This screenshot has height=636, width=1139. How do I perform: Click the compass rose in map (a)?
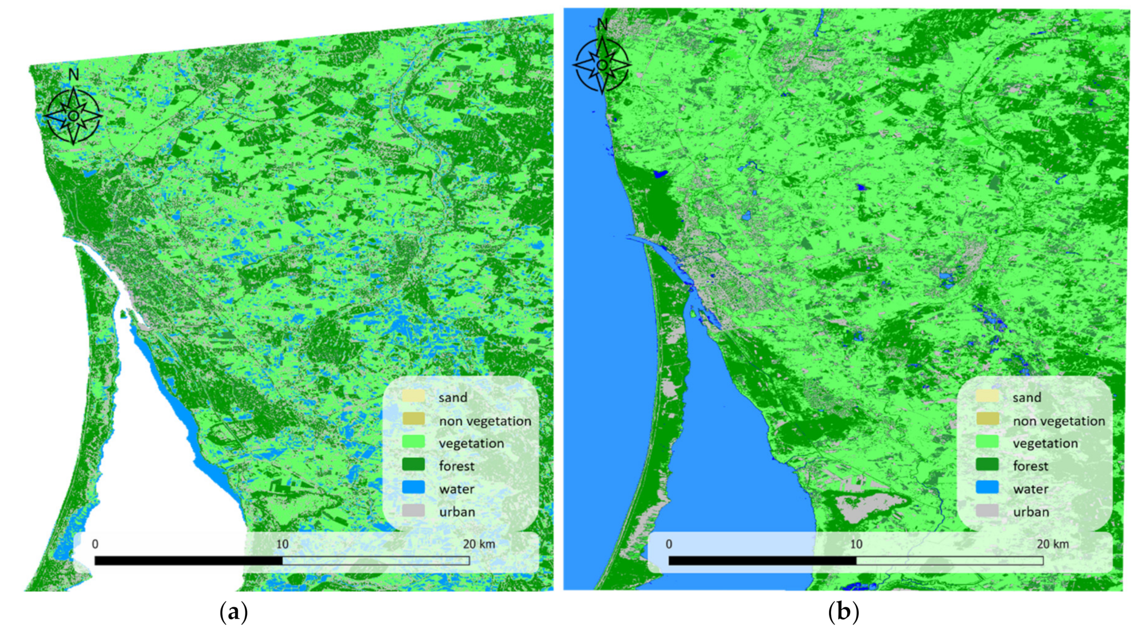[73, 116]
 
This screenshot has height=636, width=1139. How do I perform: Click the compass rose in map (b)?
[602, 65]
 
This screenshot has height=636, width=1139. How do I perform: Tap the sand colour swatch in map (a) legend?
[413, 396]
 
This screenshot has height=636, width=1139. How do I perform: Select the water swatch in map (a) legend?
[413, 487]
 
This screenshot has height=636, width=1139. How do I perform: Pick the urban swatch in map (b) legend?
[987, 511]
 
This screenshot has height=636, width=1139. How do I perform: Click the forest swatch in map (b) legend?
[987, 465]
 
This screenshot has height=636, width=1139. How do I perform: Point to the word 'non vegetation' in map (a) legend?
[485, 421]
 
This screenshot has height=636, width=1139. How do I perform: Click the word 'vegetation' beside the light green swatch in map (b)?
[1045, 443]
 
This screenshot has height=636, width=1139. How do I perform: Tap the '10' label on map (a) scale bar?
[282, 544]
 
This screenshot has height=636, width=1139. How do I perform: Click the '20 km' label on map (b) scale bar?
[1052, 544]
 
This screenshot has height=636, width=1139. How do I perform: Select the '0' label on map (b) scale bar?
[668, 544]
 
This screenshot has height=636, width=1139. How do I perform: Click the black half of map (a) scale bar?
[188, 560]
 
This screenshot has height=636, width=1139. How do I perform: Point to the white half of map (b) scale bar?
[949, 560]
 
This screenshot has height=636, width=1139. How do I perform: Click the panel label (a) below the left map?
[234, 612]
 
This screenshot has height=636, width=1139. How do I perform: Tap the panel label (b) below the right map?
[843, 612]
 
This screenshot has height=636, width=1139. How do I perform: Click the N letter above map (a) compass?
[73, 74]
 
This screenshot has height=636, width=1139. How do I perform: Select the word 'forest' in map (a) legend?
[457, 466]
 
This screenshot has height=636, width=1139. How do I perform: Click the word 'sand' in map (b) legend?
[1026, 397]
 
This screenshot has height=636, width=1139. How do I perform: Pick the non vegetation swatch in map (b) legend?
[987, 419]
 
